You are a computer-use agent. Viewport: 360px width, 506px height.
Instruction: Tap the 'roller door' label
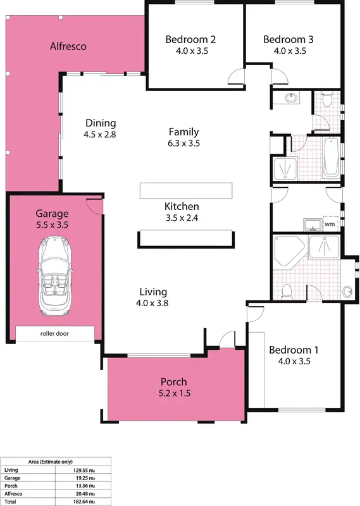click(55, 333)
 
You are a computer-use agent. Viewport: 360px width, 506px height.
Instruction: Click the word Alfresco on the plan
click(68, 46)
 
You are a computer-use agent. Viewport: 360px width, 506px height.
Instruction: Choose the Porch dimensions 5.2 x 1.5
click(173, 393)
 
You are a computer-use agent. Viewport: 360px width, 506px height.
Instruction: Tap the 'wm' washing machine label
click(329, 224)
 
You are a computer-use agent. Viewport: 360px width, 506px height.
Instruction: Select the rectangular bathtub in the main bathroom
click(331, 157)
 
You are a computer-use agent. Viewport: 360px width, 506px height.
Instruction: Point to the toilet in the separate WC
click(326, 100)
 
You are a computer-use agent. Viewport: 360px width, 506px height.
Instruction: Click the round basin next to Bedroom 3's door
click(292, 98)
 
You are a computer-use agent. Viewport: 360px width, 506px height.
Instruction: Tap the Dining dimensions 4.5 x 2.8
click(99, 134)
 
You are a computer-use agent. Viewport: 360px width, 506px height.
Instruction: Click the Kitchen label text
click(182, 206)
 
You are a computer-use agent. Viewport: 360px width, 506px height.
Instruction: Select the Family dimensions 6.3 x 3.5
click(183, 143)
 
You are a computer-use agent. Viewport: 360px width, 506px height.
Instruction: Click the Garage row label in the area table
click(12, 478)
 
